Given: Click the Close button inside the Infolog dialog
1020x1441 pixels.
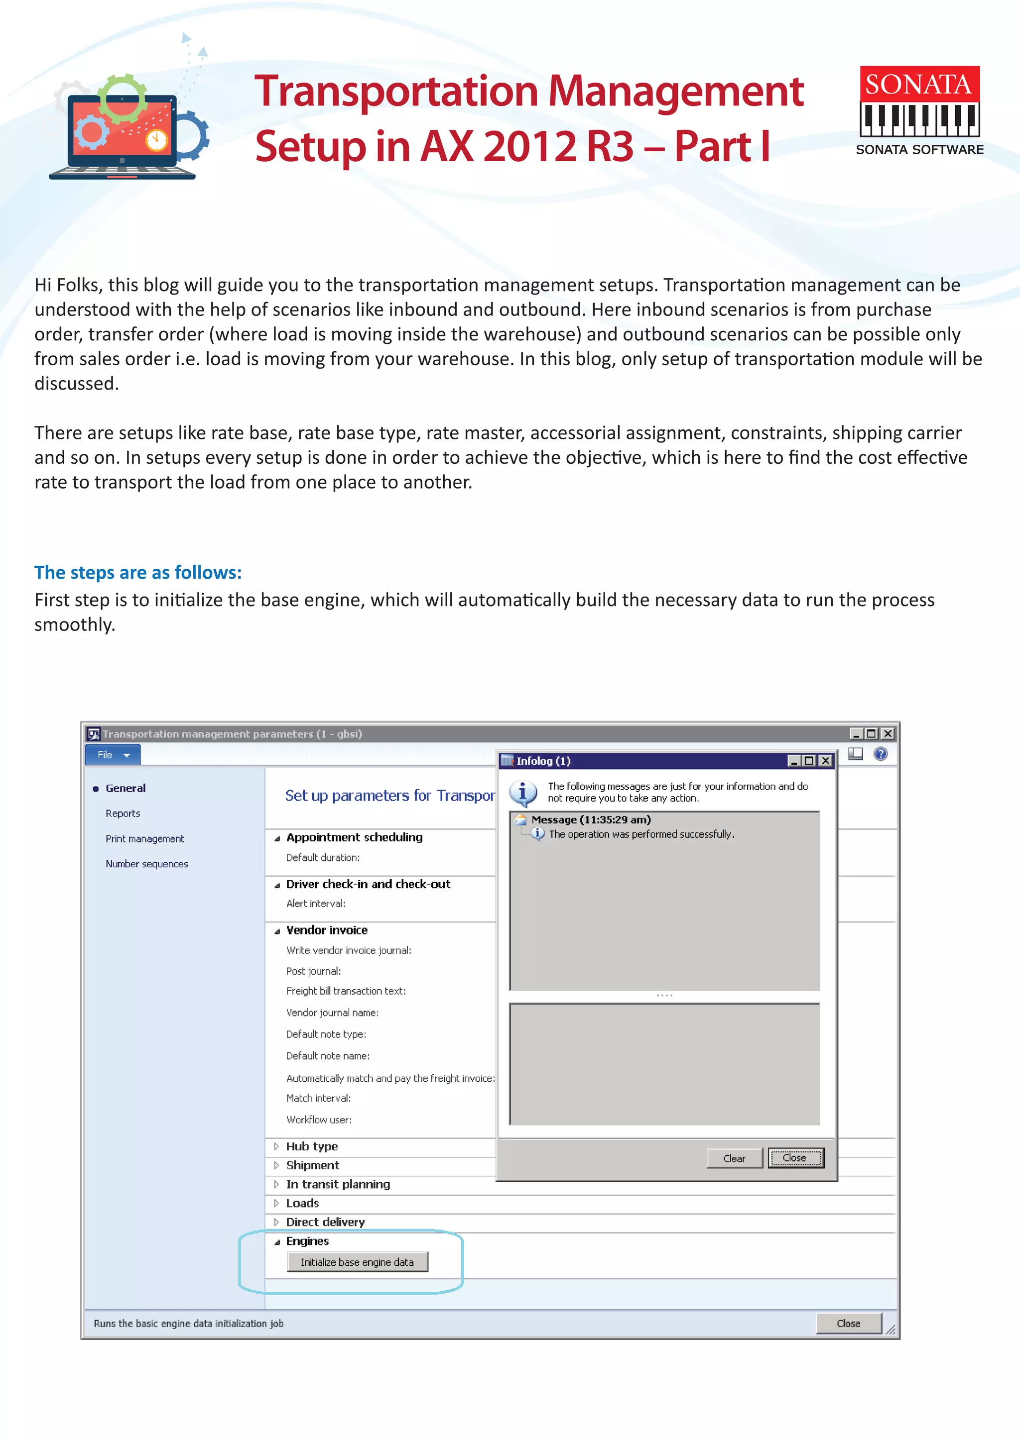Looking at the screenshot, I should (x=795, y=1158).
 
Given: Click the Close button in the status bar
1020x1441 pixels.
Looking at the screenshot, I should (x=848, y=1323).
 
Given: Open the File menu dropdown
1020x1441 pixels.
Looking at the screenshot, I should (x=113, y=754).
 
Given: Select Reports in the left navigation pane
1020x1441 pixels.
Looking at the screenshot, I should (x=123, y=814).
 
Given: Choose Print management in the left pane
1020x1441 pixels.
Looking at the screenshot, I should (x=144, y=838).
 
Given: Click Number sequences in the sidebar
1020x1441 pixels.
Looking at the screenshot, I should (x=146, y=864).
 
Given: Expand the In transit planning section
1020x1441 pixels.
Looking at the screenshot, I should (x=337, y=1184).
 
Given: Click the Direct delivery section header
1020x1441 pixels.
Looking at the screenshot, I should (x=325, y=1222).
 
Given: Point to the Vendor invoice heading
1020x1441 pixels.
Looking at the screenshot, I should (x=327, y=930).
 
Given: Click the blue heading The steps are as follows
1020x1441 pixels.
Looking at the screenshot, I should (x=137, y=572).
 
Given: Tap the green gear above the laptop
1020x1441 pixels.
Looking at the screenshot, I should (x=123, y=98).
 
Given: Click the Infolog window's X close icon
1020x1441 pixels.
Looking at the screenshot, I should (x=825, y=761).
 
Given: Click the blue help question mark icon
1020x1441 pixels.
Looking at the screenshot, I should (x=881, y=754).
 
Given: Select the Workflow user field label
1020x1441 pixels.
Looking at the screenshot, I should (x=318, y=1120).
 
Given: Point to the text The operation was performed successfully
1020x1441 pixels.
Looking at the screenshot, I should (x=640, y=834).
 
